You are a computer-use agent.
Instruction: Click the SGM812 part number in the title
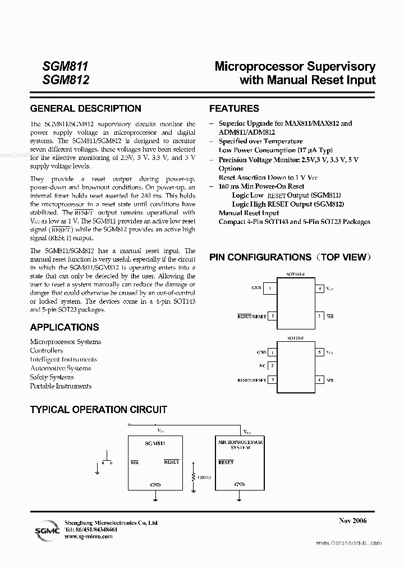coord(66,80)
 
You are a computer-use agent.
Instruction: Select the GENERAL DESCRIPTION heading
coord(85,108)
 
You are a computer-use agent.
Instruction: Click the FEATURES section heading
coord(234,108)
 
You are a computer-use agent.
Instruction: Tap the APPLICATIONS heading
coord(64,327)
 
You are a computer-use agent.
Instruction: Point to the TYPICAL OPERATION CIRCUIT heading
coord(98,410)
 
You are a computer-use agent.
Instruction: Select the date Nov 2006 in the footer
coord(352,521)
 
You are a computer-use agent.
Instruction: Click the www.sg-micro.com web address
coord(89,537)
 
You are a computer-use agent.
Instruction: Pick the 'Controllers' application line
coord(47,351)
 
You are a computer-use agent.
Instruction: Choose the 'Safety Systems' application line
coord(52,377)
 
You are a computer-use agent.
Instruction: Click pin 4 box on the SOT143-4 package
coord(319,288)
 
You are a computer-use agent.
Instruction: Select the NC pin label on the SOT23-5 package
coord(261,365)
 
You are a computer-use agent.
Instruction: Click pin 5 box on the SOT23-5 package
coord(319,352)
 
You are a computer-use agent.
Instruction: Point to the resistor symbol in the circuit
coord(193,477)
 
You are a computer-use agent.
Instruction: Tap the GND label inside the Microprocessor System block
coord(240,484)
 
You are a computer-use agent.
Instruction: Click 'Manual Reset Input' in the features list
coord(249,213)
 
